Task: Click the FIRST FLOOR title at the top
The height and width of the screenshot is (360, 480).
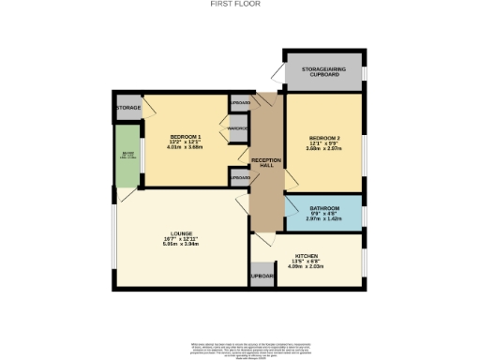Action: (x=240, y=5)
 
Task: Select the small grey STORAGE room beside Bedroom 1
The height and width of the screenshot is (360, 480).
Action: (x=128, y=108)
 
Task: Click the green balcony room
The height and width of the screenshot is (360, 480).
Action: (x=125, y=160)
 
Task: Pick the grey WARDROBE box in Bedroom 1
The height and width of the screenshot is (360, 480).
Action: (x=238, y=128)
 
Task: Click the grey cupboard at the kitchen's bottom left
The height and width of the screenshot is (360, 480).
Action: (x=261, y=276)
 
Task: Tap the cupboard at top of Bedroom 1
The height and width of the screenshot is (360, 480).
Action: (x=240, y=102)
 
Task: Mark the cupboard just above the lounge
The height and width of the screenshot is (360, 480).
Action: (x=240, y=177)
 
